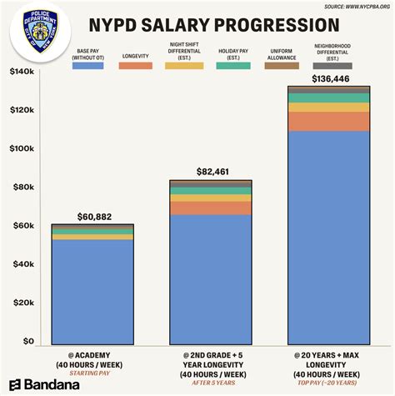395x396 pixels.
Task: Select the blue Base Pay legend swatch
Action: [x=87, y=64]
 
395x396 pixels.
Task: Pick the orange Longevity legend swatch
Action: [x=134, y=64]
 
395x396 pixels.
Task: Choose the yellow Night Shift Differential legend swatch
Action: [x=184, y=64]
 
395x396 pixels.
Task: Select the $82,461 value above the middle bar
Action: [x=211, y=172]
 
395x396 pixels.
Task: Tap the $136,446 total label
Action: [x=329, y=78]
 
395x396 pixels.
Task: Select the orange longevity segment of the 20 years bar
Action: [x=329, y=122]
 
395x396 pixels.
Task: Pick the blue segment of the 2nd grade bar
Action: [x=211, y=279]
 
